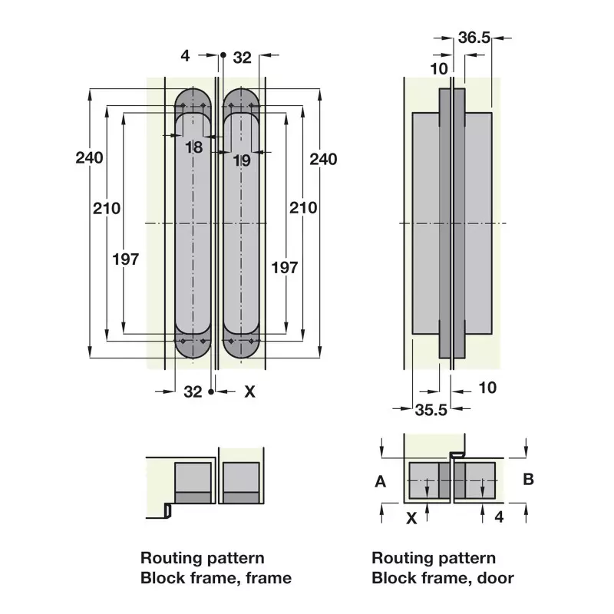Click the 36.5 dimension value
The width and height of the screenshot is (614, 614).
[474, 38]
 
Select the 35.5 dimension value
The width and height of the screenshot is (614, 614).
[431, 410]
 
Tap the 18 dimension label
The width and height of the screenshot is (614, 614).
[194, 147]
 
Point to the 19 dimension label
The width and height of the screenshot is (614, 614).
[242, 160]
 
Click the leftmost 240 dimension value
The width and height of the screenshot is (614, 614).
[89, 158]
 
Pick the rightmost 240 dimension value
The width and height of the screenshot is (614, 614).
[323, 160]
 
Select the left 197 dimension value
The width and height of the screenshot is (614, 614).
[126, 259]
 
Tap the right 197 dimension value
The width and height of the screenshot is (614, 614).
[285, 268]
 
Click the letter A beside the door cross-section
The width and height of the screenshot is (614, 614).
[380, 481]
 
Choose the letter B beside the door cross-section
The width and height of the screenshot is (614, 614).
[528, 479]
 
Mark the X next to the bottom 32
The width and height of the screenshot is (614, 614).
[250, 391]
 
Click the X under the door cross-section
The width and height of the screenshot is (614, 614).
[411, 519]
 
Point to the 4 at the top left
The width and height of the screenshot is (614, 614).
[185, 56]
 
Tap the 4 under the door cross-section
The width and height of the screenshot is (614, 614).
[498, 517]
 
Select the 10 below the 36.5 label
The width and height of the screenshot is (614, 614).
[439, 69]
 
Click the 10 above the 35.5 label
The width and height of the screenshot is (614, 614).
[487, 388]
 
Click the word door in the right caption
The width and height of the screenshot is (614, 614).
[495, 578]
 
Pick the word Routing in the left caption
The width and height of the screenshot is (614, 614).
[169, 559]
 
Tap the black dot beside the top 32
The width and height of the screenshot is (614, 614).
[223, 55]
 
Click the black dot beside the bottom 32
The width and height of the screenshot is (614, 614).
[211, 391]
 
